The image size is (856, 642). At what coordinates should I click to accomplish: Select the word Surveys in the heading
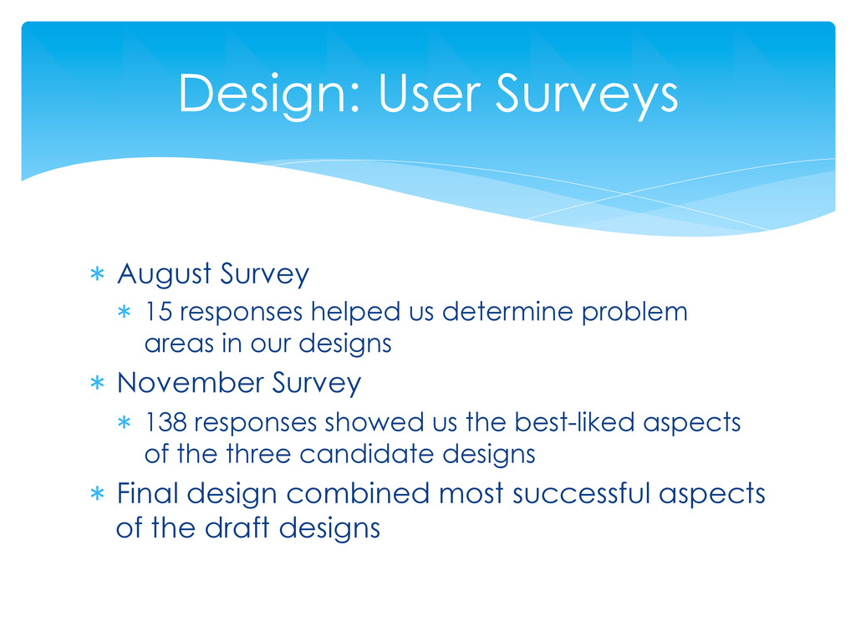(587, 95)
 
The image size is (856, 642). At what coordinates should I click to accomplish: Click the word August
(165, 273)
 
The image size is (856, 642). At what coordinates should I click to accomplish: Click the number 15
(158, 312)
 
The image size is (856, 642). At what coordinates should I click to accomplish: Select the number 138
(166, 422)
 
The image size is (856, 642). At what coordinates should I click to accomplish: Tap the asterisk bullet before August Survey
(97, 273)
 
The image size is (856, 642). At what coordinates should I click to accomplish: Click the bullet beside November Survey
(97, 383)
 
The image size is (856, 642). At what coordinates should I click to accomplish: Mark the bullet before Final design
(97, 493)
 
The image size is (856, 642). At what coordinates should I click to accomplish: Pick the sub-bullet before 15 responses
(125, 313)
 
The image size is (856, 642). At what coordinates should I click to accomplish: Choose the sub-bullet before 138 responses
(125, 422)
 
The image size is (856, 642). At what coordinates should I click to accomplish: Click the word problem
(634, 313)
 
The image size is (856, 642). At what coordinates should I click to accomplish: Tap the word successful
(582, 493)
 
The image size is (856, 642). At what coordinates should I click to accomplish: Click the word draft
(237, 527)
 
